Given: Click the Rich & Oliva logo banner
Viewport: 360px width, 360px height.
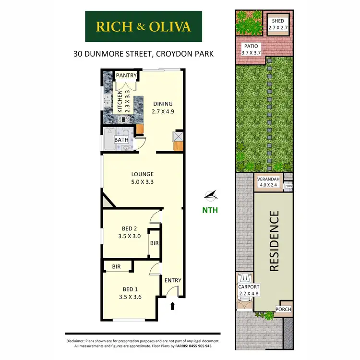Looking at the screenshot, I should click(x=144, y=26).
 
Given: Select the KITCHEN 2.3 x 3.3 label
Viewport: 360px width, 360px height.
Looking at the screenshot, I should click(x=124, y=101).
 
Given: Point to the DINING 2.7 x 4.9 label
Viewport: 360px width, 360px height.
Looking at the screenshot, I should click(x=163, y=107).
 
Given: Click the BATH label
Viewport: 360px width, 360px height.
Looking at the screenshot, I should click(x=121, y=140).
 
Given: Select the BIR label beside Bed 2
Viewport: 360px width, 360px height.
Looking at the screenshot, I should click(x=154, y=243).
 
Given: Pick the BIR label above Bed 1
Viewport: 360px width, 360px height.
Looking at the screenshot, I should click(x=116, y=266).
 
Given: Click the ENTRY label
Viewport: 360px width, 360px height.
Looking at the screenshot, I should click(x=172, y=280).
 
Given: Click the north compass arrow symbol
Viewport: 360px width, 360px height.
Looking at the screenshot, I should click(x=211, y=194).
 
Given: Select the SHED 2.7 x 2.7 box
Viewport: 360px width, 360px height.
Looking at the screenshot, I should click(x=278, y=25).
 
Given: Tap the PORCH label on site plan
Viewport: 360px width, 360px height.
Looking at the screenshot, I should click(x=283, y=310).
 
